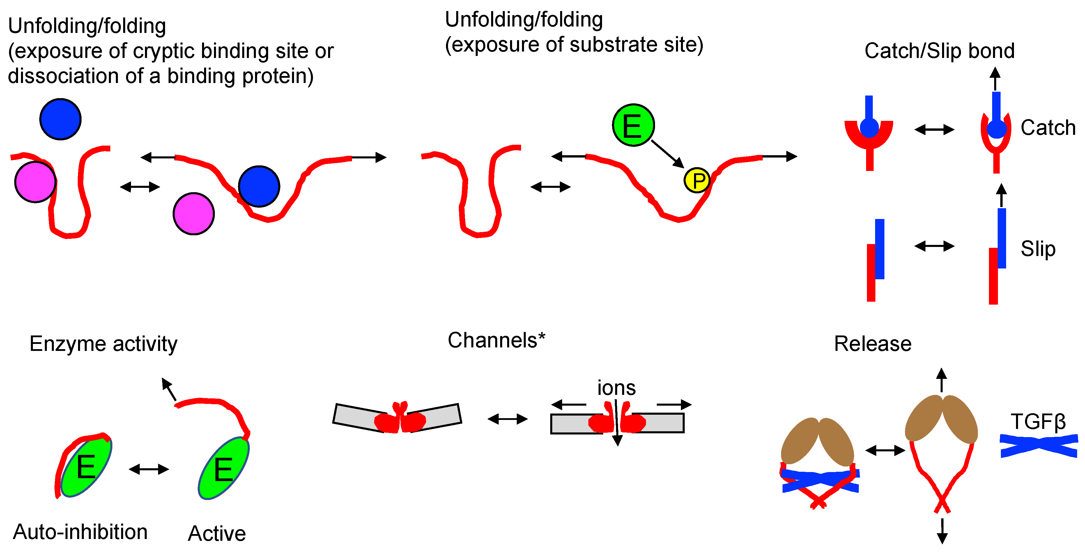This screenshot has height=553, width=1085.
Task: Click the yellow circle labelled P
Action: pyautogui.click(x=697, y=180)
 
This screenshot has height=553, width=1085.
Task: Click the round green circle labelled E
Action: pyautogui.click(x=633, y=125)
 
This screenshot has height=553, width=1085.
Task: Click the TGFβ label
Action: pyautogui.click(x=1038, y=422)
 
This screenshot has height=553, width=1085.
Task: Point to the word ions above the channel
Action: pyautogui.click(x=616, y=388)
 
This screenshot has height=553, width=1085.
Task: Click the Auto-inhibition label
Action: pyautogui.click(x=80, y=531)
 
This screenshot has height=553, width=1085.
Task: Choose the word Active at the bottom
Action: pyautogui.click(x=217, y=533)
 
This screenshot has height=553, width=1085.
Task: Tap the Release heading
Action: pyautogui.click(x=873, y=344)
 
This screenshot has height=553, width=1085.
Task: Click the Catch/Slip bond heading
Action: pyautogui.click(x=939, y=51)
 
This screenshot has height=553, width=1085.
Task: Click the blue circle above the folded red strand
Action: pyautogui.click(x=60, y=119)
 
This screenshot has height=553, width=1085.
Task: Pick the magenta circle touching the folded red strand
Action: pyautogui.click(x=35, y=182)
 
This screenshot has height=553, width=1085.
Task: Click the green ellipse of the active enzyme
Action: pyautogui.click(x=223, y=468)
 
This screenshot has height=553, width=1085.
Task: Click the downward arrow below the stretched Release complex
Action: pyautogui.click(x=942, y=531)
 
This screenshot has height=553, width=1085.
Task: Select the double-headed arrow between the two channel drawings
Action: pyautogui.click(x=507, y=419)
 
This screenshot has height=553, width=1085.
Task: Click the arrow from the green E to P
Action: pyautogui.click(x=668, y=154)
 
